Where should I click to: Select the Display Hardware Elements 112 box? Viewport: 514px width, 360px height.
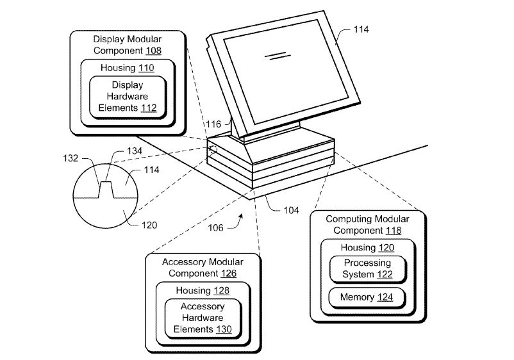pyautogui.click(x=128, y=96)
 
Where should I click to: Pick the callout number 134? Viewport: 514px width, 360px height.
pyautogui.click(x=135, y=151)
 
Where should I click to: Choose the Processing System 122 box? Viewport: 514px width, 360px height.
pyautogui.click(x=367, y=269)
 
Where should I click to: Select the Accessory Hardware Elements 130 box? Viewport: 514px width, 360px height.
pyautogui.click(x=202, y=318)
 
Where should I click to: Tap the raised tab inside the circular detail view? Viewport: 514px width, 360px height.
pyautogui.click(x=106, y=189)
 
